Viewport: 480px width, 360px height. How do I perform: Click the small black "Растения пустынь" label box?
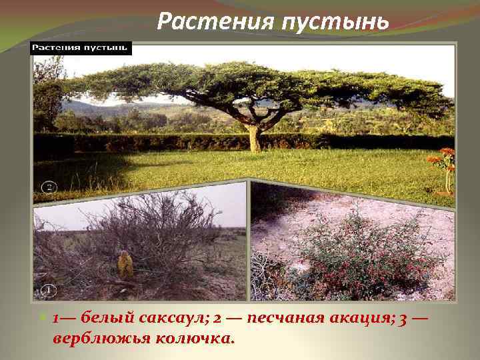(81, 49)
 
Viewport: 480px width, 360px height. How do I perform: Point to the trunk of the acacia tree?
(254, 137)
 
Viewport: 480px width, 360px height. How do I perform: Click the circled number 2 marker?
(48, 187)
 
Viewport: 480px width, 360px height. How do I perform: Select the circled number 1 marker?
(48, 290)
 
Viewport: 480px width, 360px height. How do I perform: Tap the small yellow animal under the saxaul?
(125, 266)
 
